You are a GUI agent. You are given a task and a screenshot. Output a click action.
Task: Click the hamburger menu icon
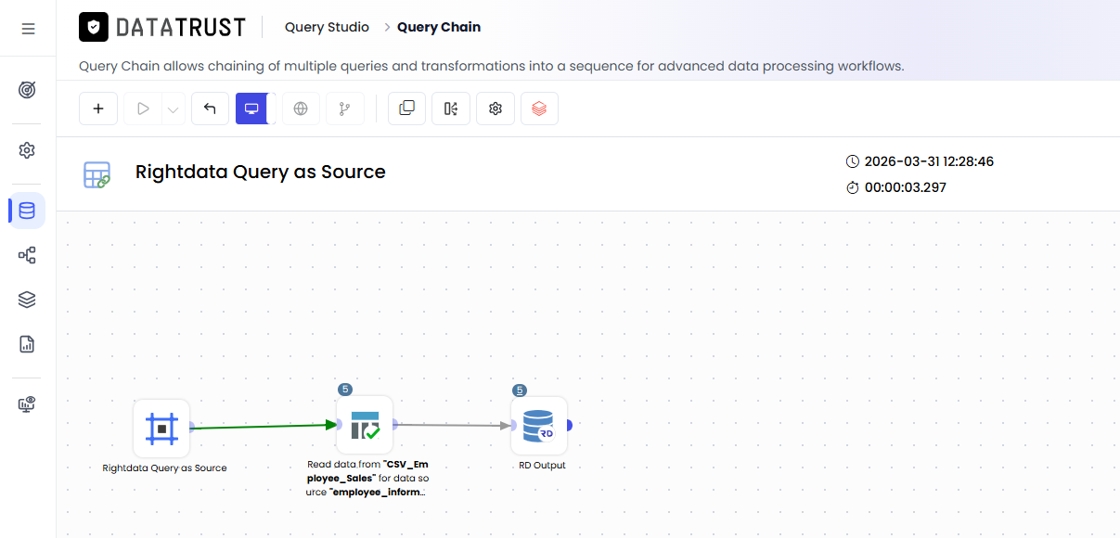28,29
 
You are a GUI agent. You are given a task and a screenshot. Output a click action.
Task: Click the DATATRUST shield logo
94,27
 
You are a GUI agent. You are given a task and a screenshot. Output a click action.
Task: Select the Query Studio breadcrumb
327,27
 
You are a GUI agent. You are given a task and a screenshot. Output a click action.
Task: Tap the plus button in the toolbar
98,109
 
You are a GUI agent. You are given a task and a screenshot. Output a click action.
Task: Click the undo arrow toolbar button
210,109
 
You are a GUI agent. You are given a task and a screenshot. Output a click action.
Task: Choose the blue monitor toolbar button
251,109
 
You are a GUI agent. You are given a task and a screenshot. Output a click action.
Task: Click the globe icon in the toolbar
301,109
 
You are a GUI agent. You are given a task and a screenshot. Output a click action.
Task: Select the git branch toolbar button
344,109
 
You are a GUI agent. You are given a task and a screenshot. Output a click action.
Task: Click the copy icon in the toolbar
407,109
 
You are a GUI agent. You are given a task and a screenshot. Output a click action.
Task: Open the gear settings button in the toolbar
496,109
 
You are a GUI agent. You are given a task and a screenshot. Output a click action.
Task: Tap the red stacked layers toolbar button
539,109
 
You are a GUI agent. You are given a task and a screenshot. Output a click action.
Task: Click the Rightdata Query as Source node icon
161,429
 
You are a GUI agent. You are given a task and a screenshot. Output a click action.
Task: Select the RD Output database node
539,426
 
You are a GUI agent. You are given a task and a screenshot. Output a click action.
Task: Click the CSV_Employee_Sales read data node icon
365,426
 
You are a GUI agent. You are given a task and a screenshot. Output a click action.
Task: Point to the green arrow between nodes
264,427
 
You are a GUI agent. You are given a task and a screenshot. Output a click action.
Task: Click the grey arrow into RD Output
453,425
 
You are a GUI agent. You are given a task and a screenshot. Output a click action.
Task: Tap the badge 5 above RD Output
520,390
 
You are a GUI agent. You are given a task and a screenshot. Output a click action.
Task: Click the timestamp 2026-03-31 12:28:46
929,161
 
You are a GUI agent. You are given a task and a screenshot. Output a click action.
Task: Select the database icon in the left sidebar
27,211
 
